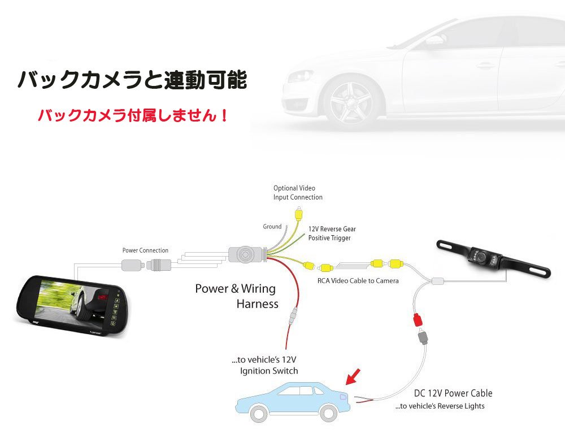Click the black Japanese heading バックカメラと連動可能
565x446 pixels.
tap(132, 80)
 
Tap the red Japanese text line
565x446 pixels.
tap(133, 115)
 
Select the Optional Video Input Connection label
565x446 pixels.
tap(298, 193)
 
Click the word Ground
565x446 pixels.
tap(272, 227)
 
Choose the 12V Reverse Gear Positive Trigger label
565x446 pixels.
tap(332, 233)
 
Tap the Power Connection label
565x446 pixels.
tap(145, 250)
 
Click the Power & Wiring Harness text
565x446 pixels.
tap(236, 296)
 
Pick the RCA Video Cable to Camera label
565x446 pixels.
tap(357, 281)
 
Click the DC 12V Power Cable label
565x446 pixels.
tap(453, 393)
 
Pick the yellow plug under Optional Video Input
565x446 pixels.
tap(298, 215)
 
